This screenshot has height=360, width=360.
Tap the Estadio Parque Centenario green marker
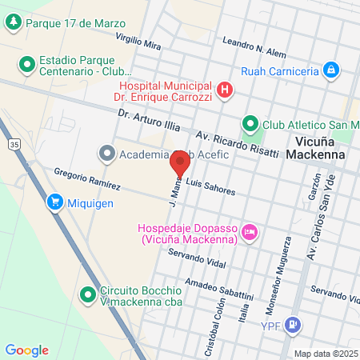(26, 62)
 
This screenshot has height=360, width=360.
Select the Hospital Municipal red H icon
(226, 90)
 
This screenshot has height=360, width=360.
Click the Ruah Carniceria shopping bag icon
(330, 70)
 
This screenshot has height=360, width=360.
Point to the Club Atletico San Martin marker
(250, 124)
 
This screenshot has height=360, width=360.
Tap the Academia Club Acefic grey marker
(106, 154)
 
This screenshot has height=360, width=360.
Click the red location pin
(180, 162)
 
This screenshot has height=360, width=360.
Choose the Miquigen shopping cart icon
(54, 202)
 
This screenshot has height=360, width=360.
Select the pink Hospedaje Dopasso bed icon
(250, 231)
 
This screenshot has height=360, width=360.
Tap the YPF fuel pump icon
(294, 325)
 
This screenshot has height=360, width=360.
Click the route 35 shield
(14, 143)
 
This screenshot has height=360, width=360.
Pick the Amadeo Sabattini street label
(218, 290)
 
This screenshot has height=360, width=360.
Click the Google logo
(26, 350)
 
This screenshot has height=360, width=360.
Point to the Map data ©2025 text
(324, 353)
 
